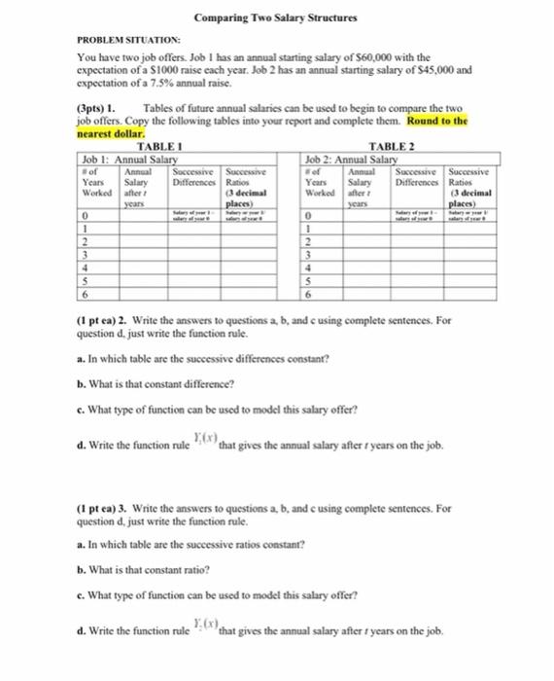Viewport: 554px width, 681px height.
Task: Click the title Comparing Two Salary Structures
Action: tap(276, 18)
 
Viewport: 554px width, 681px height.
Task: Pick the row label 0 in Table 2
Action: tap(308, 216)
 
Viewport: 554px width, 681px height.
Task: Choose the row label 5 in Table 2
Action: tap(308, 279)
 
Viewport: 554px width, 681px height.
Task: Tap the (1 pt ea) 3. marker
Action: tap(109, 507)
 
